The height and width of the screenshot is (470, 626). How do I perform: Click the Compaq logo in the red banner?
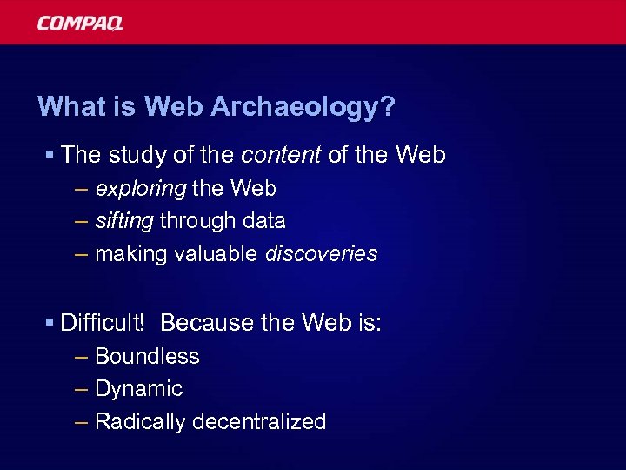(x=80, y=23)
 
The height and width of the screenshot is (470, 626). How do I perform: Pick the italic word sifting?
(x=123, y=221)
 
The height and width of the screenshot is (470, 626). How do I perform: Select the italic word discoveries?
(x=321, y=253)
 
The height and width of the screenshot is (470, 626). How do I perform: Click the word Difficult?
(x=103, y=323)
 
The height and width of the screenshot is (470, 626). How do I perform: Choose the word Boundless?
(x=147, y=356)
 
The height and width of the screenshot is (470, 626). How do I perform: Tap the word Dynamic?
(x=138, y=389)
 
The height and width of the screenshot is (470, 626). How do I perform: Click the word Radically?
(x=140, y=422)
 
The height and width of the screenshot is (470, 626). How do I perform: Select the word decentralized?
(x=259, y=422)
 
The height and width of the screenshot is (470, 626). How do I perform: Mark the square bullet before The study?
(x=50, y=156)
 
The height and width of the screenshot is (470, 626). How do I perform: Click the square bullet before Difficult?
(x=50, y=324)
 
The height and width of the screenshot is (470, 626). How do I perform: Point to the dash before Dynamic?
(x=82, y=389)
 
